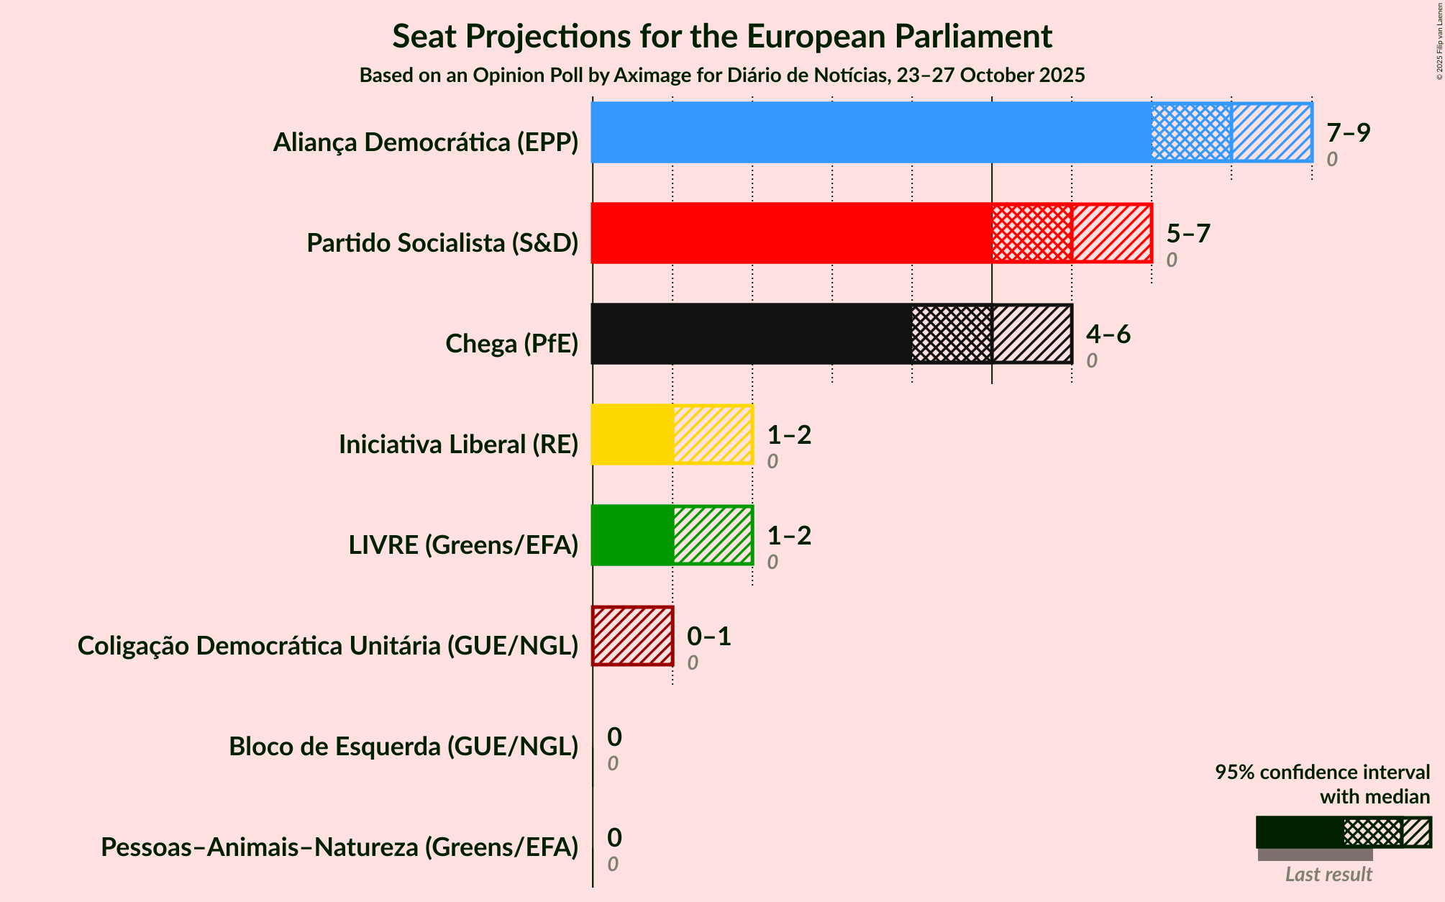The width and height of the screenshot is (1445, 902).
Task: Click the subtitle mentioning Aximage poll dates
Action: point(722,76)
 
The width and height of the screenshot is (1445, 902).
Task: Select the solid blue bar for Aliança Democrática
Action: point(870,132)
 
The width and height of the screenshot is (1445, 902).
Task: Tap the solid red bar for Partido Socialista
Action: point(791,233)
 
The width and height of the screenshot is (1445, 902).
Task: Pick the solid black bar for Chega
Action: point(751,334)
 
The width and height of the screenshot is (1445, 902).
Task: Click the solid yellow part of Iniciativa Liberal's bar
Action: point(632,434)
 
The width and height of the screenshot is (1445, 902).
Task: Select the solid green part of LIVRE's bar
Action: point(632,535)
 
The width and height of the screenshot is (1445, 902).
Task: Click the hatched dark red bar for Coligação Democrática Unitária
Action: point(632,636)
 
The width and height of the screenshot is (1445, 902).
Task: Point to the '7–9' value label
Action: point(1348,132)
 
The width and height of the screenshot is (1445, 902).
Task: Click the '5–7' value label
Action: point(1188,233)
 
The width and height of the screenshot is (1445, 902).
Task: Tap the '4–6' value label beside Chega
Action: point(1108,334)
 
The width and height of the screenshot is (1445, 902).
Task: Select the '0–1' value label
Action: point(708,636)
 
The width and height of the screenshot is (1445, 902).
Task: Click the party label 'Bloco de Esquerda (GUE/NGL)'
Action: point(404,747)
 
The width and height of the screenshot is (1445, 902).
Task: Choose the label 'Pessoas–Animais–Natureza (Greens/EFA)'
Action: point(339,847)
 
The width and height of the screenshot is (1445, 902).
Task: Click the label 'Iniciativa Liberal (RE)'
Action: point(458,445)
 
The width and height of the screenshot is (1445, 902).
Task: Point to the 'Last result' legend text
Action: point(1328,875)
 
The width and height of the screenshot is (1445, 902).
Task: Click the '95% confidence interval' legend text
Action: point(1322,773)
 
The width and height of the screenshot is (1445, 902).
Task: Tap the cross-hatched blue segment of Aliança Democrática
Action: point(1191,132)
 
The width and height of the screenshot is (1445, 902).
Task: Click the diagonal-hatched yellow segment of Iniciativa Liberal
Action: point(713,434)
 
